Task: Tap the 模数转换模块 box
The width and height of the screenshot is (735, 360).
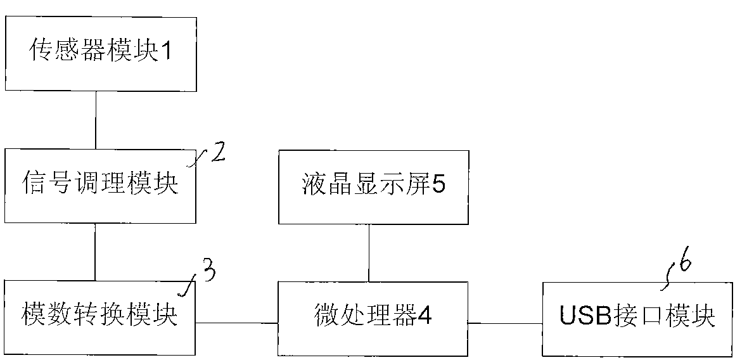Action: click(100, 316)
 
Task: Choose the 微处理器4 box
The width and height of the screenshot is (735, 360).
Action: click(373, 316)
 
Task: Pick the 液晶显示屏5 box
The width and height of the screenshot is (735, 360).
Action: click(373, 188)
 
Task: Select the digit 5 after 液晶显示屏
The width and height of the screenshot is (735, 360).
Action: click(438, 188)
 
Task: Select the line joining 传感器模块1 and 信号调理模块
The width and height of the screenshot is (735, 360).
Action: click(95, 120)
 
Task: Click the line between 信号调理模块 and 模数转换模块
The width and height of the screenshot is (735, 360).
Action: click(95, 252)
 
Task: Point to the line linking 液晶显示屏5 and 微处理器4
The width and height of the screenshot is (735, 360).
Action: click(369, 252)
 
